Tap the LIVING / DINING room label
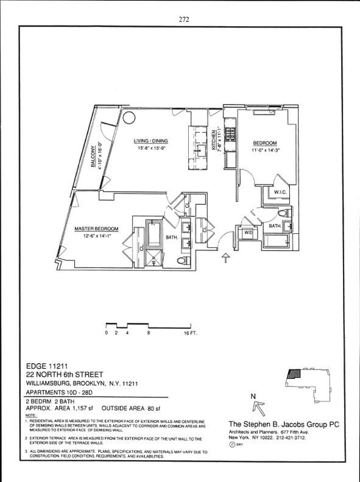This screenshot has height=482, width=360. (x=151, y=141)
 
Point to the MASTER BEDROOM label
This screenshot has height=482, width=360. (x=96, y=229)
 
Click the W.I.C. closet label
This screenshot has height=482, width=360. (x=280, y=193)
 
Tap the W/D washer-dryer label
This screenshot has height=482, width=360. (x=248, y=232)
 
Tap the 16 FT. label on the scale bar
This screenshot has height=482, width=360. (x=191, y=334)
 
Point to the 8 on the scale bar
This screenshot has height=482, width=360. (x=149, y=334)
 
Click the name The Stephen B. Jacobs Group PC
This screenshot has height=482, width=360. (x=284, y=424)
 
